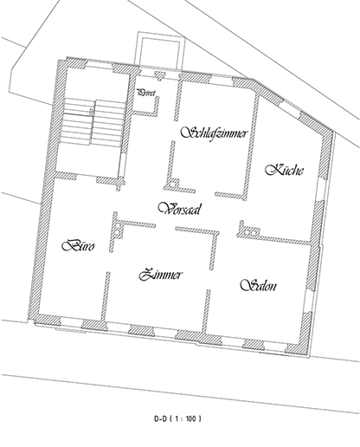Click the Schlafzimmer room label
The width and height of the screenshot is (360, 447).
coord(215,133)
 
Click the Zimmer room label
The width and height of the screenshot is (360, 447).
coord(161,275)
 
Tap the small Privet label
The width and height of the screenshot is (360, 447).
coord(146,92)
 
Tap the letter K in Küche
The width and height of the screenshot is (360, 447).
coord(270,168)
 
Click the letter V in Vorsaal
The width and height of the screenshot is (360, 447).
coord(160,208)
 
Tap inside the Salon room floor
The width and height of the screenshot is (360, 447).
coord(260,312)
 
